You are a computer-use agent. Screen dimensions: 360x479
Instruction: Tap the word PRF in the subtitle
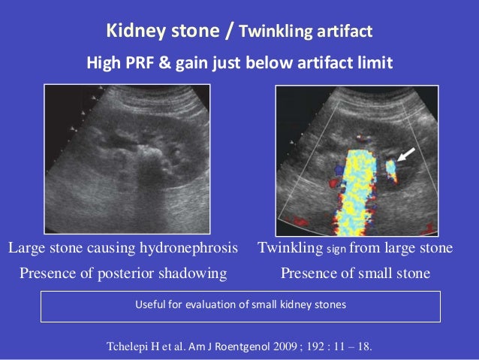coord(142,63)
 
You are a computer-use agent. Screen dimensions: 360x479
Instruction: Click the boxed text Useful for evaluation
coord(239,305)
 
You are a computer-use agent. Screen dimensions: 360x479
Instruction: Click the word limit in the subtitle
coord(375,63)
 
